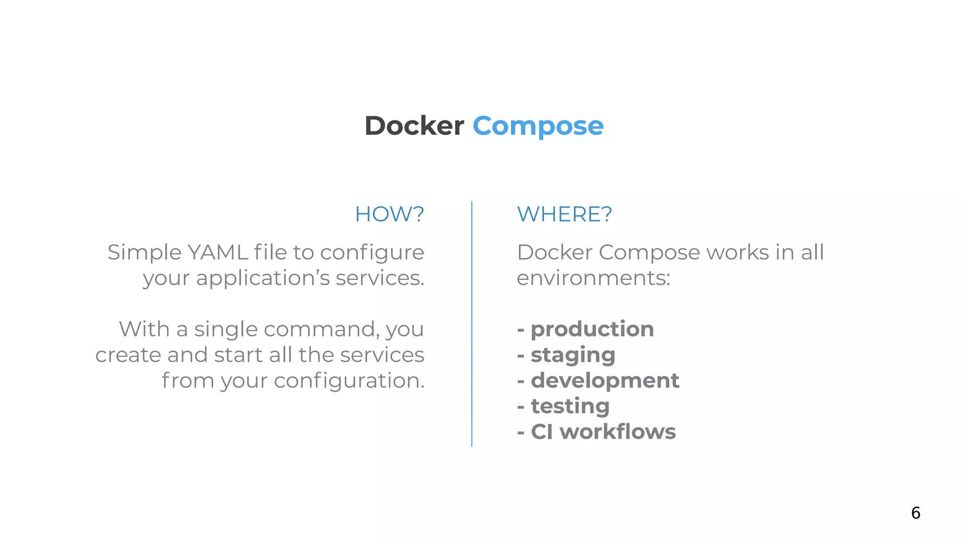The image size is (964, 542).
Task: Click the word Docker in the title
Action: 414,126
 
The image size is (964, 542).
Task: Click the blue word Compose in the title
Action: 538,126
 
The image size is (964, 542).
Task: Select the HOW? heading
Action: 389,215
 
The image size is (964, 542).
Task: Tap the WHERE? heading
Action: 564,215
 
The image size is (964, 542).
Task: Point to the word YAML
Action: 217,253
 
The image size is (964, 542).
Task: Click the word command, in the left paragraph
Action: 322,329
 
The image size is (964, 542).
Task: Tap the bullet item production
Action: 592,329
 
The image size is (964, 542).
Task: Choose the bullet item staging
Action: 573,355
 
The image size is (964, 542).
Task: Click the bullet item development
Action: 605,381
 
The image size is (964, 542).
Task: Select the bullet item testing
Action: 570,406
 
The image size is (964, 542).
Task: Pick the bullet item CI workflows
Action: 603,432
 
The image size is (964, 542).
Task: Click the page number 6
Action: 916,513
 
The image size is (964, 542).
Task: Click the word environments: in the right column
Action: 593,279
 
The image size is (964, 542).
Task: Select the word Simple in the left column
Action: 144,253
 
